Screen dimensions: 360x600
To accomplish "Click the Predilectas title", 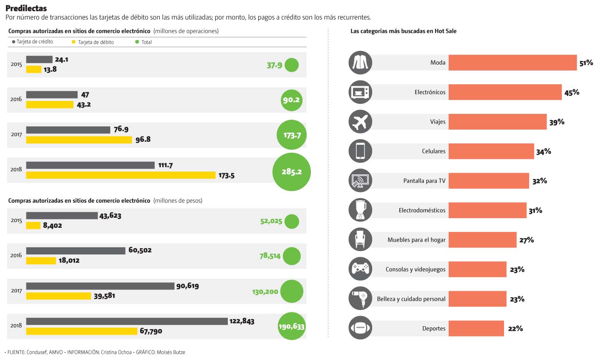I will (26, 8).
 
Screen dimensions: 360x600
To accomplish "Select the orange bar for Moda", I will (512, 63).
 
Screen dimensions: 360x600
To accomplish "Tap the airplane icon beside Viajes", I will (360, 122).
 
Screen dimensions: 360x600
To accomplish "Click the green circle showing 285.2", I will (291, 171).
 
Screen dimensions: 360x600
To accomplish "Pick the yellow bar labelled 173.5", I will (121, 175).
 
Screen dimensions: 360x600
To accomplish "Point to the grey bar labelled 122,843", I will (127, 321).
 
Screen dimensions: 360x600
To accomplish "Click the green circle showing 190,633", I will (292, 326).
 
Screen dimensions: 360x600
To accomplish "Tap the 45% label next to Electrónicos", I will (572, 93).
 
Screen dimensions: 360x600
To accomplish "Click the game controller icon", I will (360, 269).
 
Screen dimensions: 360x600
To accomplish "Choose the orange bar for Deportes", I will (476, 328).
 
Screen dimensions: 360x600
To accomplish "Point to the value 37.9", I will (275, 65).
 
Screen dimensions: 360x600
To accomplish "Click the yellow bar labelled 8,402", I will (33, 225).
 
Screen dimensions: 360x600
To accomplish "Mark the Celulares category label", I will (434, 151).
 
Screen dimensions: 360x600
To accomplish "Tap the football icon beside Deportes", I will (360, 328).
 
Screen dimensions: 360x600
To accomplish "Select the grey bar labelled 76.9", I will (68, 130).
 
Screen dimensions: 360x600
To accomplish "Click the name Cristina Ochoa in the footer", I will (116, 352).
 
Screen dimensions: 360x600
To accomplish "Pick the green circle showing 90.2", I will (291, 100).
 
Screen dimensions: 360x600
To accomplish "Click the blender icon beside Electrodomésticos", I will (360, 210).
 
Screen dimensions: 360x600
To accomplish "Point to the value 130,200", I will (265, 292).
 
